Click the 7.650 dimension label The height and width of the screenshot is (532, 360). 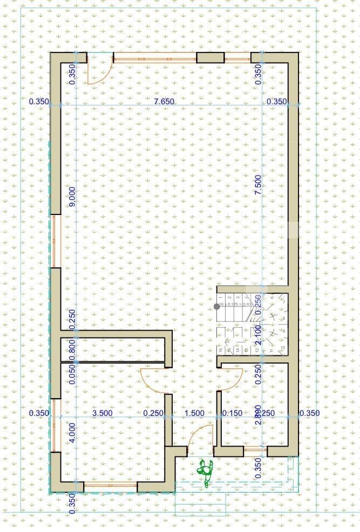point(163,102)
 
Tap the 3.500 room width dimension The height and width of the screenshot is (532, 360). point(103,413)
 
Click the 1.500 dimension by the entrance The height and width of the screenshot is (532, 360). point(194,413)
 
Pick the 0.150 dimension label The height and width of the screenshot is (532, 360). point(232,413)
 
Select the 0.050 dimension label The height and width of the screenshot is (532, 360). point(72,373)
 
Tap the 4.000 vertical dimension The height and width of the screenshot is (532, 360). point(72,432)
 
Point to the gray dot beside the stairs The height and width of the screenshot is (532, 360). point(217,306)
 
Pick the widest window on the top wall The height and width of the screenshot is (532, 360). point(154,58)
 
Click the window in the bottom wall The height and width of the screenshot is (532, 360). point(110,487)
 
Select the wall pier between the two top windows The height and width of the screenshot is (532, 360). point(210,58)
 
